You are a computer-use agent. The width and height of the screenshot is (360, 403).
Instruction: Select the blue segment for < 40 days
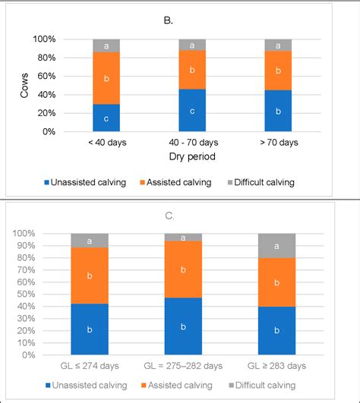(x=106, y=118)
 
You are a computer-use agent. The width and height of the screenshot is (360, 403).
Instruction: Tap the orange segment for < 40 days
(x=106, y=78)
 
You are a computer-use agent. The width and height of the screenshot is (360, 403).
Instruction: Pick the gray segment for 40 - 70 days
(x=192, y=46)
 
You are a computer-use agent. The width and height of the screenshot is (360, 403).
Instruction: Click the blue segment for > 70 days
(x=278, y=111)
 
